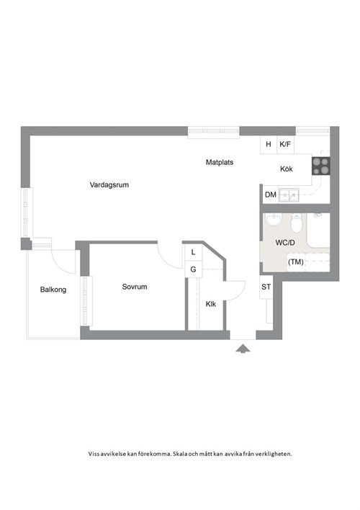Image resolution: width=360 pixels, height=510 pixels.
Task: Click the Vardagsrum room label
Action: (x=109, y=185)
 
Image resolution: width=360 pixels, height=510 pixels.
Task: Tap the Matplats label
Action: (x=220, y=162)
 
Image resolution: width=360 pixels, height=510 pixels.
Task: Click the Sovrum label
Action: (x=134, y=287)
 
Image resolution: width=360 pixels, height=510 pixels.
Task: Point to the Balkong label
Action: (x=53, y=290)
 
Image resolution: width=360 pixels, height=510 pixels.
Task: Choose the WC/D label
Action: (x=286, y=243)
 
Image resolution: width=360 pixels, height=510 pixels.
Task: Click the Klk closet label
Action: (x=210, y=304)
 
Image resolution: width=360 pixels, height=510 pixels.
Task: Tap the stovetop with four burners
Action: (x=320, y=166)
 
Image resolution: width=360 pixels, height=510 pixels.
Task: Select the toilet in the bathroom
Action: (x=297, y=222)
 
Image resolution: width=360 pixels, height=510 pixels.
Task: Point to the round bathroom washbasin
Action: (x=273, y=220)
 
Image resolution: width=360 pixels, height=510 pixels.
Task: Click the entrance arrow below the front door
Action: (x=243, y=349)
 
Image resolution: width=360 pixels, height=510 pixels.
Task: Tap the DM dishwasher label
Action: (x=270, y=195)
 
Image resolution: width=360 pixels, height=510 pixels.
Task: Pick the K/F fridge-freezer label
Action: (x=285, y=144)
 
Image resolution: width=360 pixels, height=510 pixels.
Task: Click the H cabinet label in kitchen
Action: (x=269, y=144)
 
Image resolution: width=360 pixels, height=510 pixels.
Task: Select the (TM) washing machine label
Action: (x=295, y=262)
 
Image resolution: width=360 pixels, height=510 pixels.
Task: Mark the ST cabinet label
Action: (x=266, y=287)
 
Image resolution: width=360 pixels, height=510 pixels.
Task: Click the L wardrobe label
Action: (x=193, y=253)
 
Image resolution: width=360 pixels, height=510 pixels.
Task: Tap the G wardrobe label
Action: (x=193, y=269)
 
